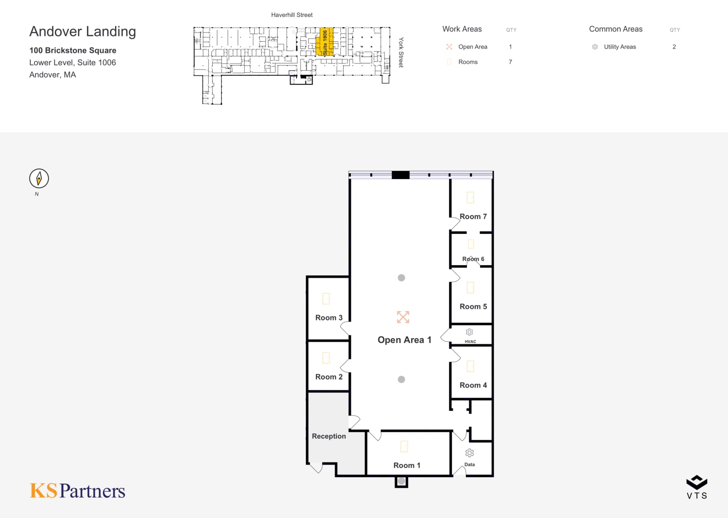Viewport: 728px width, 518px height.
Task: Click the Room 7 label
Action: [473, 217]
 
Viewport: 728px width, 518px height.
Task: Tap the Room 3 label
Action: [329, 317]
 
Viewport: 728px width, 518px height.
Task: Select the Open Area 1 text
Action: [404, 340]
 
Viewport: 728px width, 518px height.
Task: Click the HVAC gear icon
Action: [469, 332]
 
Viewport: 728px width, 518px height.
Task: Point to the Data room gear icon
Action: [469, 453]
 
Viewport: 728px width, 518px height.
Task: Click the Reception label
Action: [329, 436]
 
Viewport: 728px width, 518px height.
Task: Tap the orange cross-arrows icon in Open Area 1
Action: [403, 317]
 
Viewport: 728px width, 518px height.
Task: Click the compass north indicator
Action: [39, 179]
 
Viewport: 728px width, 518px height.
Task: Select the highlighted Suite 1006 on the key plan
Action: [325, 42]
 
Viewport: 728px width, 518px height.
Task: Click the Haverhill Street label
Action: [292, 15]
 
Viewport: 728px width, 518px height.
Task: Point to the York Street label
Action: [401, 52]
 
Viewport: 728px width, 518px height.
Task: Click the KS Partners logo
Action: [77, 491]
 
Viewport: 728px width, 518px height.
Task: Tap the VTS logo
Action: [697, 487]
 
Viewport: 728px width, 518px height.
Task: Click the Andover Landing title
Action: [83, 32]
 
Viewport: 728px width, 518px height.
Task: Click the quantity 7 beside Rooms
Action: [510, 62]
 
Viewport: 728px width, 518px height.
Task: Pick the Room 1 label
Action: [407, 465]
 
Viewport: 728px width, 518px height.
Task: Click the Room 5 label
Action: [473, 307]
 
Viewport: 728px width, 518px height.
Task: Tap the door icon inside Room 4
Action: [470, 366]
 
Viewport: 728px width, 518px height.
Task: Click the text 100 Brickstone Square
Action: [73, 50]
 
